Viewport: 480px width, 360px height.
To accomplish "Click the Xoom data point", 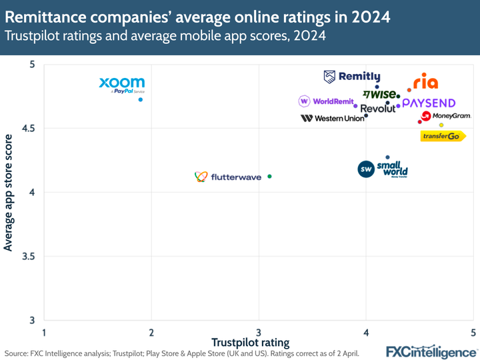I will [x=141, y=99].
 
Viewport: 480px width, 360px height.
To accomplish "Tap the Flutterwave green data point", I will [x=269, y=177].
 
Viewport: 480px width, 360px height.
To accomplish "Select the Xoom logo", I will [x=122, y=85].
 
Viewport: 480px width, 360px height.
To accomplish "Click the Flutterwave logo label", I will [x=226, y=177].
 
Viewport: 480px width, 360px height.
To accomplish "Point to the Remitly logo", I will [x=352, y=77].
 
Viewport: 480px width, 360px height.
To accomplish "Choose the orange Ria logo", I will [x=425, y=82].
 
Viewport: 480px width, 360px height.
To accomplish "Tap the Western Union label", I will [x=333, y=118].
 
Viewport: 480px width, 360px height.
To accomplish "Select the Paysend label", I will [x=429, y=103].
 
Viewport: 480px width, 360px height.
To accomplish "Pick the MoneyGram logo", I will [x=447, y=116].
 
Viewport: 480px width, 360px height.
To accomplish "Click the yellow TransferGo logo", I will [x=443, y=136].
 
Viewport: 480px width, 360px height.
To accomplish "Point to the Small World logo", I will [x=383, y=169].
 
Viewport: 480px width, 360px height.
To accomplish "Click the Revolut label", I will [x=377, y=109].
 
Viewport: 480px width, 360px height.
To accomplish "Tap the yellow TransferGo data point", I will [x=441, y=125].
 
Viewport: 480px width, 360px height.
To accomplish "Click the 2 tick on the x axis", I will [x=151, y=332].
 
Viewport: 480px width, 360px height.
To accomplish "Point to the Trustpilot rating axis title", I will [x=250, y=343].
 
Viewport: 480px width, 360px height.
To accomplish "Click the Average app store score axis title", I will [x=9, y=193].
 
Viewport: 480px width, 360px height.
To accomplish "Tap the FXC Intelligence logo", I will [x=431, y=351].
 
